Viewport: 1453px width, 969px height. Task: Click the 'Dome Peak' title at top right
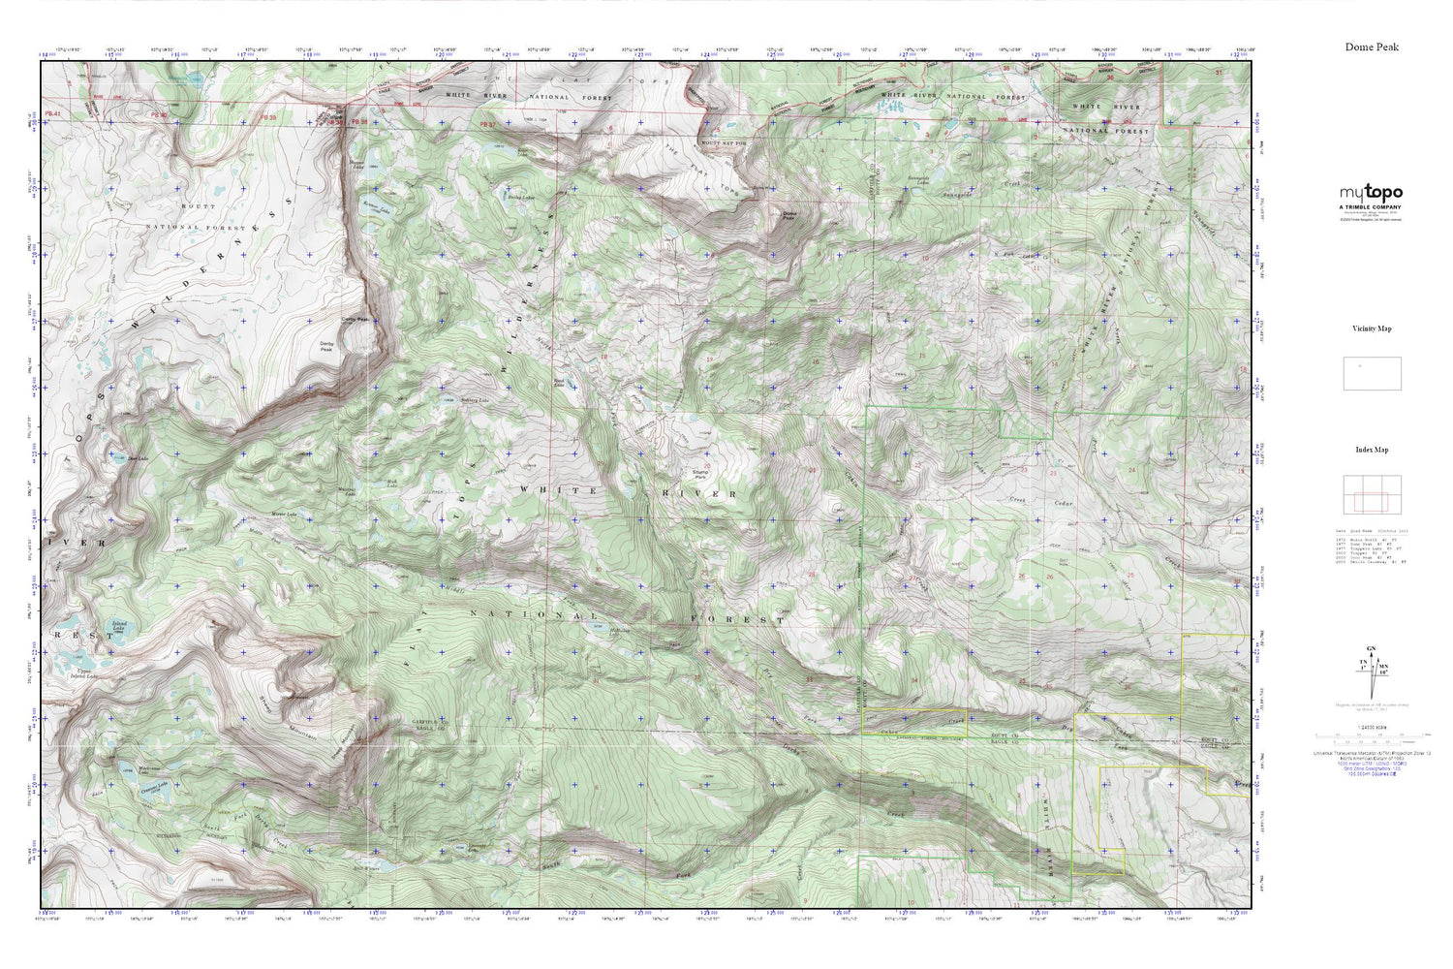coord(1371,47)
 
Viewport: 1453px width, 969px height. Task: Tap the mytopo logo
coord(1371,193)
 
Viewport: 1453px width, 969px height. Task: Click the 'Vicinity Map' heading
coord(1372,328)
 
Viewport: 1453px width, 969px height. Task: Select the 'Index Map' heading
coord(1372,450)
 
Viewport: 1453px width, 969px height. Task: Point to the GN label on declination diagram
coord(1370,647)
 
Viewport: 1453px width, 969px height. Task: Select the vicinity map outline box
coord(1371,373)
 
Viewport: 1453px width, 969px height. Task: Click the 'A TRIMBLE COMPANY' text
coord(1371,207)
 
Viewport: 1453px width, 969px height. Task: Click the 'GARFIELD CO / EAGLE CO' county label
coord(404,726)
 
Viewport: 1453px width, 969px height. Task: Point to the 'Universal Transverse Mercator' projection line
coord(1371,752)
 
